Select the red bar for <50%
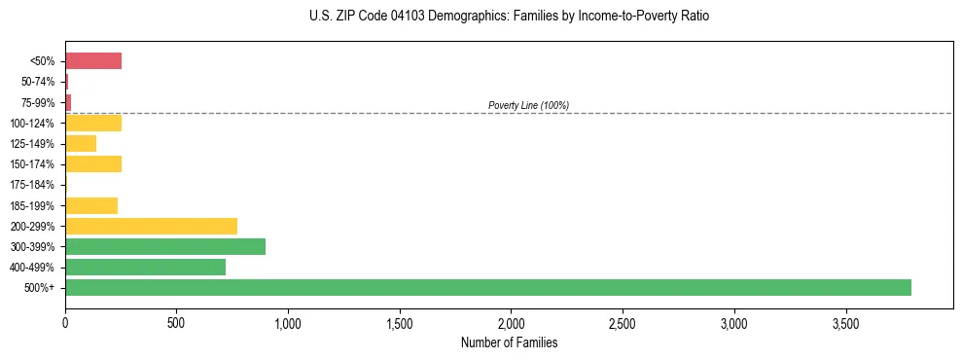pyautogui.click(x=93, y=61)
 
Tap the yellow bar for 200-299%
pyautogui.click(x=151, y=226)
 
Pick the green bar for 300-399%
pyautogui.click(x=165, y=246)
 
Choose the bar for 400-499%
pyautogui.click(x=145, y=267)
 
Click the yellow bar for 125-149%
pyautogui.click(x=81, y=143)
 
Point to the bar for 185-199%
pyautogui.click(x=91, y=205)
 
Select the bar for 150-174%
pyautogui.click(x=93, y=164)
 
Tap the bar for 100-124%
pyautogui.click(x=93, y=123)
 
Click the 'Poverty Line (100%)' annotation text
pyautogui.click(x=528, y=105)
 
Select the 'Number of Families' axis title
pyautogui.click(x=510, y=342)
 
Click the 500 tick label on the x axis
pyautogui.click(x=176, y=322)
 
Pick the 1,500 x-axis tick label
pyautogui.click(x=400, y=322)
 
